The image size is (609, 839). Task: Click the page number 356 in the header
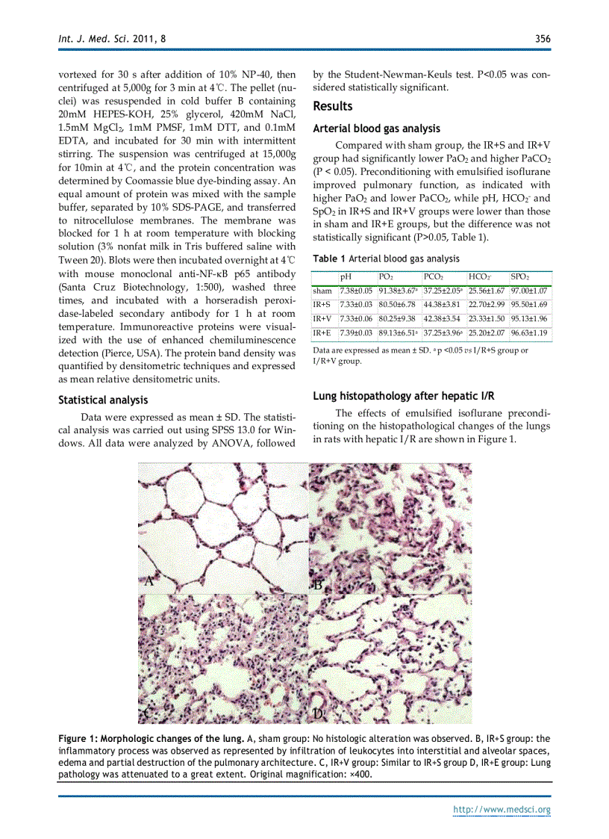(x=543, y=39)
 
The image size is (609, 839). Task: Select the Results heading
(x=333, y=106)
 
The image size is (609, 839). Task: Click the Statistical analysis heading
(x=103, y=400)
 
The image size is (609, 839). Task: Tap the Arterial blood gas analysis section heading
(x=376, y=129)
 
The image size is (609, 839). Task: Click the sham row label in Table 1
(x=322, y=291)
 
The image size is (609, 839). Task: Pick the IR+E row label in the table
(x=322, y=332)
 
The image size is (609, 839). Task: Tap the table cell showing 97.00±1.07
(x=529, y=291)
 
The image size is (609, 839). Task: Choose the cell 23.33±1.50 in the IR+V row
(x=487, y=319)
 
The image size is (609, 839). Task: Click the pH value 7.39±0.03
(x=356, y=332)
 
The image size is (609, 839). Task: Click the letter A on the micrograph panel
(x=149, y=581)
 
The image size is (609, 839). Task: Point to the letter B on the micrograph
(x=317, y=584)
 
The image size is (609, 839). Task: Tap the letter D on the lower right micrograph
(x=318, y=714)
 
